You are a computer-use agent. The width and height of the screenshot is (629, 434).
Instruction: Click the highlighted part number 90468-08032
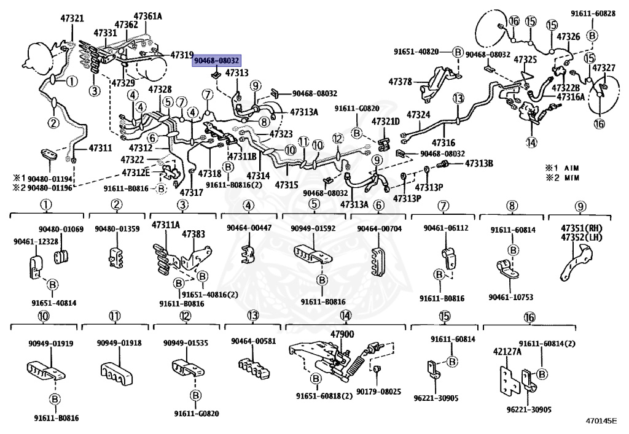[x=217, y=61]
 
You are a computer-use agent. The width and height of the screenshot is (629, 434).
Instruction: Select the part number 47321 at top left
[x=72, y=19]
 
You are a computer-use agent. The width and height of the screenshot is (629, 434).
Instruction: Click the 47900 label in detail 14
[x=343, y=334]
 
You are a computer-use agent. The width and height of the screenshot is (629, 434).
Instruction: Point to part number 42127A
[x=507, y=352]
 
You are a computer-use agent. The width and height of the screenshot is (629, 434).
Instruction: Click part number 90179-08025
[x=378, y=391]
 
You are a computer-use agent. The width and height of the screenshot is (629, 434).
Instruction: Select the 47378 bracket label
[x=401, y=81]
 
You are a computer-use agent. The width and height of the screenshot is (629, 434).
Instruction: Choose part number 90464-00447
[x=249, y=228]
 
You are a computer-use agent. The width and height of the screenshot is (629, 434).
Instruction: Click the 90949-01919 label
[x=50, y=343]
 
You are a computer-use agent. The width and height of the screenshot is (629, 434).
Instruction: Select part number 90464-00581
[x=253, y=341]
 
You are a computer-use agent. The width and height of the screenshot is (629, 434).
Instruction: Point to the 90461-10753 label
[x=510, y=298]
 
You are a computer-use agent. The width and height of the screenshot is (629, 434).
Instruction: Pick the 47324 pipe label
[x=418, y=115]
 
